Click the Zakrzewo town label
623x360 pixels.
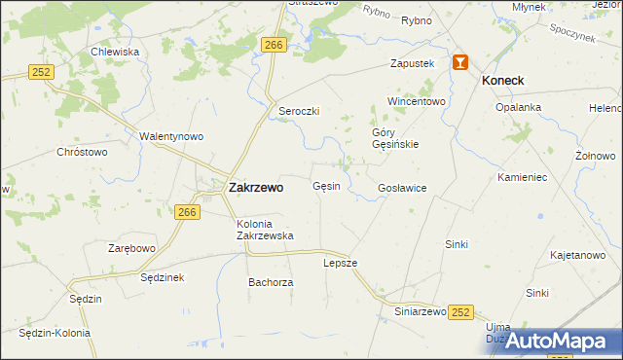(x=256, y=188)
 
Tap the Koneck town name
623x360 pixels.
(x=503, y=81)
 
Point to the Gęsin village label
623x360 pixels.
(x=326, y=186)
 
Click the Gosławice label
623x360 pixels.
(x=402, y=188)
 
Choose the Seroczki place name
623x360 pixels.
(x=299, y=111)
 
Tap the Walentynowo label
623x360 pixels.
(x=170, y=136)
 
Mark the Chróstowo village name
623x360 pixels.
(x=82, y=152)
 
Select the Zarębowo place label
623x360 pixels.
(x=131, y=248)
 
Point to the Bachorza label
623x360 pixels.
(x=271, y=282)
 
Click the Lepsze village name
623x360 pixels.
(x=341, y=263)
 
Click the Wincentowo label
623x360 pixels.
(x=416, y=101)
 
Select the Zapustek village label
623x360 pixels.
(x=411, y=63)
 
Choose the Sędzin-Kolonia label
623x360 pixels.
(x=55, y=333)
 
